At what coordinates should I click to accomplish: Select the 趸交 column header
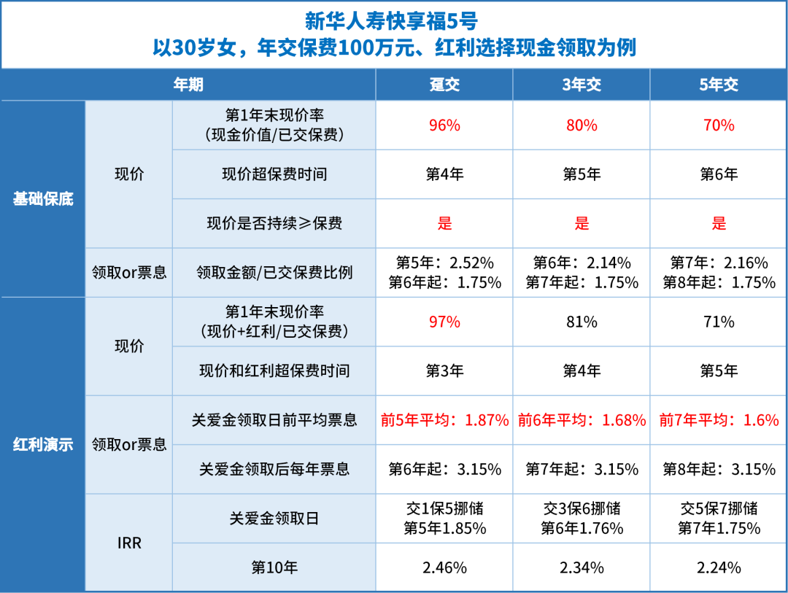[x=444, y=85]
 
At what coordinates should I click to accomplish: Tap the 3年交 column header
[x=582, y=85]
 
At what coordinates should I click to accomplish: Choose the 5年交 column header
[x=719, y=85]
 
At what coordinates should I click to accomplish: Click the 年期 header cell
[x=188, y=85]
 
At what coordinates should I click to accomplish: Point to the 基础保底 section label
[x=43, y=198]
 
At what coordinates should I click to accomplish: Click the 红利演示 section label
[x=43, y=443]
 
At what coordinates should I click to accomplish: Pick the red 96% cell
[x=444, y=125]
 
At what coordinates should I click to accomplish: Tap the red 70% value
[x=719, y=125]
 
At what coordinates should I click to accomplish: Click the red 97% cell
[x=444, y=322]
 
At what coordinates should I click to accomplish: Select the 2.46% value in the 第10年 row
[x=444, y=567]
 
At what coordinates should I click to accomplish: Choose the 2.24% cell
[x=719, y=567]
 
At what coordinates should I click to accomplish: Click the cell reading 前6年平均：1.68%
[x=582, y=420]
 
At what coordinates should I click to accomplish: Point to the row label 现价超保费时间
[x=274, y=174]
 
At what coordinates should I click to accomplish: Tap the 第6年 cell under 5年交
[x=719, y=174]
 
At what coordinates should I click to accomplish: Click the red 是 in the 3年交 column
[x=582, y=223]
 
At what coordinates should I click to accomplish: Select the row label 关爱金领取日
[x=274, y=519]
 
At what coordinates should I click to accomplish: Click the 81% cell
[x=582, y=322]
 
